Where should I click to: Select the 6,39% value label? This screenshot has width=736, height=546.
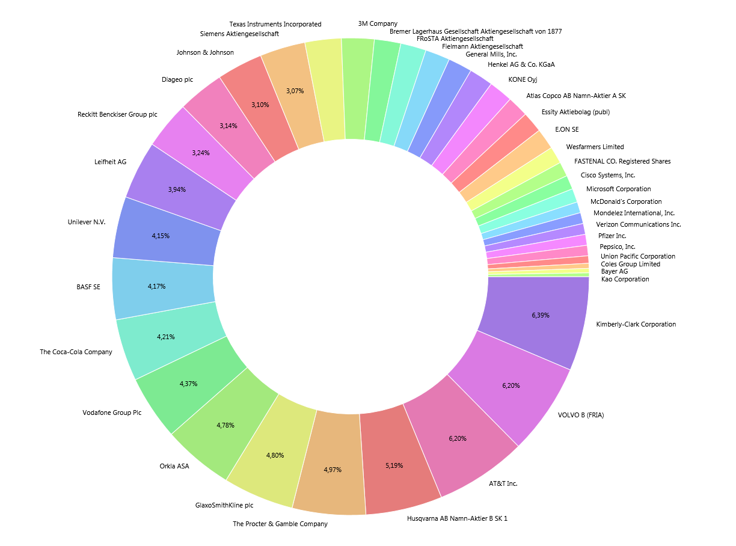(541, 315)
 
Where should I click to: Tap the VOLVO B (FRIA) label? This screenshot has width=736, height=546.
(580, 415)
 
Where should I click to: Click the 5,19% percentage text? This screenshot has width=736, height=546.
(394, 465)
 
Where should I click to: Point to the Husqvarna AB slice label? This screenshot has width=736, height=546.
(457, 518)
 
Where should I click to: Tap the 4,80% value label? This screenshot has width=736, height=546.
(275, 455)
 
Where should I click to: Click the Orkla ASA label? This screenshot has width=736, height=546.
(174, 465)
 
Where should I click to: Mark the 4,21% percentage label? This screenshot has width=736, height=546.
(166, 337)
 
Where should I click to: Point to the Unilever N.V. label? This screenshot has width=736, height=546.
(87, 222)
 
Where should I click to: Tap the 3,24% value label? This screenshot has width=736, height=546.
(201, 153)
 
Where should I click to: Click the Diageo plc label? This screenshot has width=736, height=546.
(177, 79)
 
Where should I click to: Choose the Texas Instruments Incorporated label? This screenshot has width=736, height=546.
(275, 24)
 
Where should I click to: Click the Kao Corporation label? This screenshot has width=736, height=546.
(625, 279)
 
